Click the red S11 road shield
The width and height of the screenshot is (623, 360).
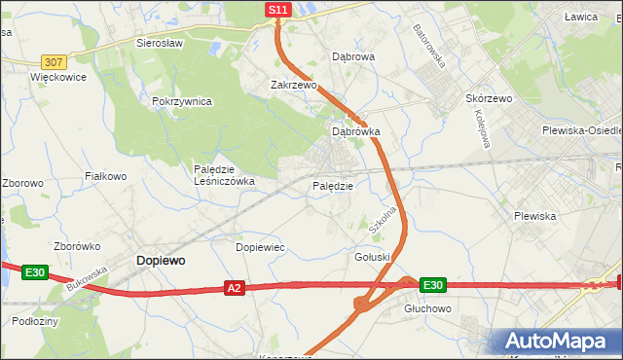tap(278, 10)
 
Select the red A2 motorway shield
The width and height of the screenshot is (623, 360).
tap(234, 288)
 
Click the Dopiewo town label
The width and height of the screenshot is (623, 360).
tap(162, 261)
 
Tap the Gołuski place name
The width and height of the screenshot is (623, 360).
tap(373, 257)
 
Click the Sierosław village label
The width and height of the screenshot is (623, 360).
tap(161, 44)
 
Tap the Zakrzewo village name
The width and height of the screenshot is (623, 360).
tap(294, 86)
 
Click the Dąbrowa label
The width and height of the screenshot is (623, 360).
tap(353, 57)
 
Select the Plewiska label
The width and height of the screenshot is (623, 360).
tap(534, 216)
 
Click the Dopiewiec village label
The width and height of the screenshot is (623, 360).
tap(260, 248)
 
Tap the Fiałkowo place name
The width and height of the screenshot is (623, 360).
tap(106, 176)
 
